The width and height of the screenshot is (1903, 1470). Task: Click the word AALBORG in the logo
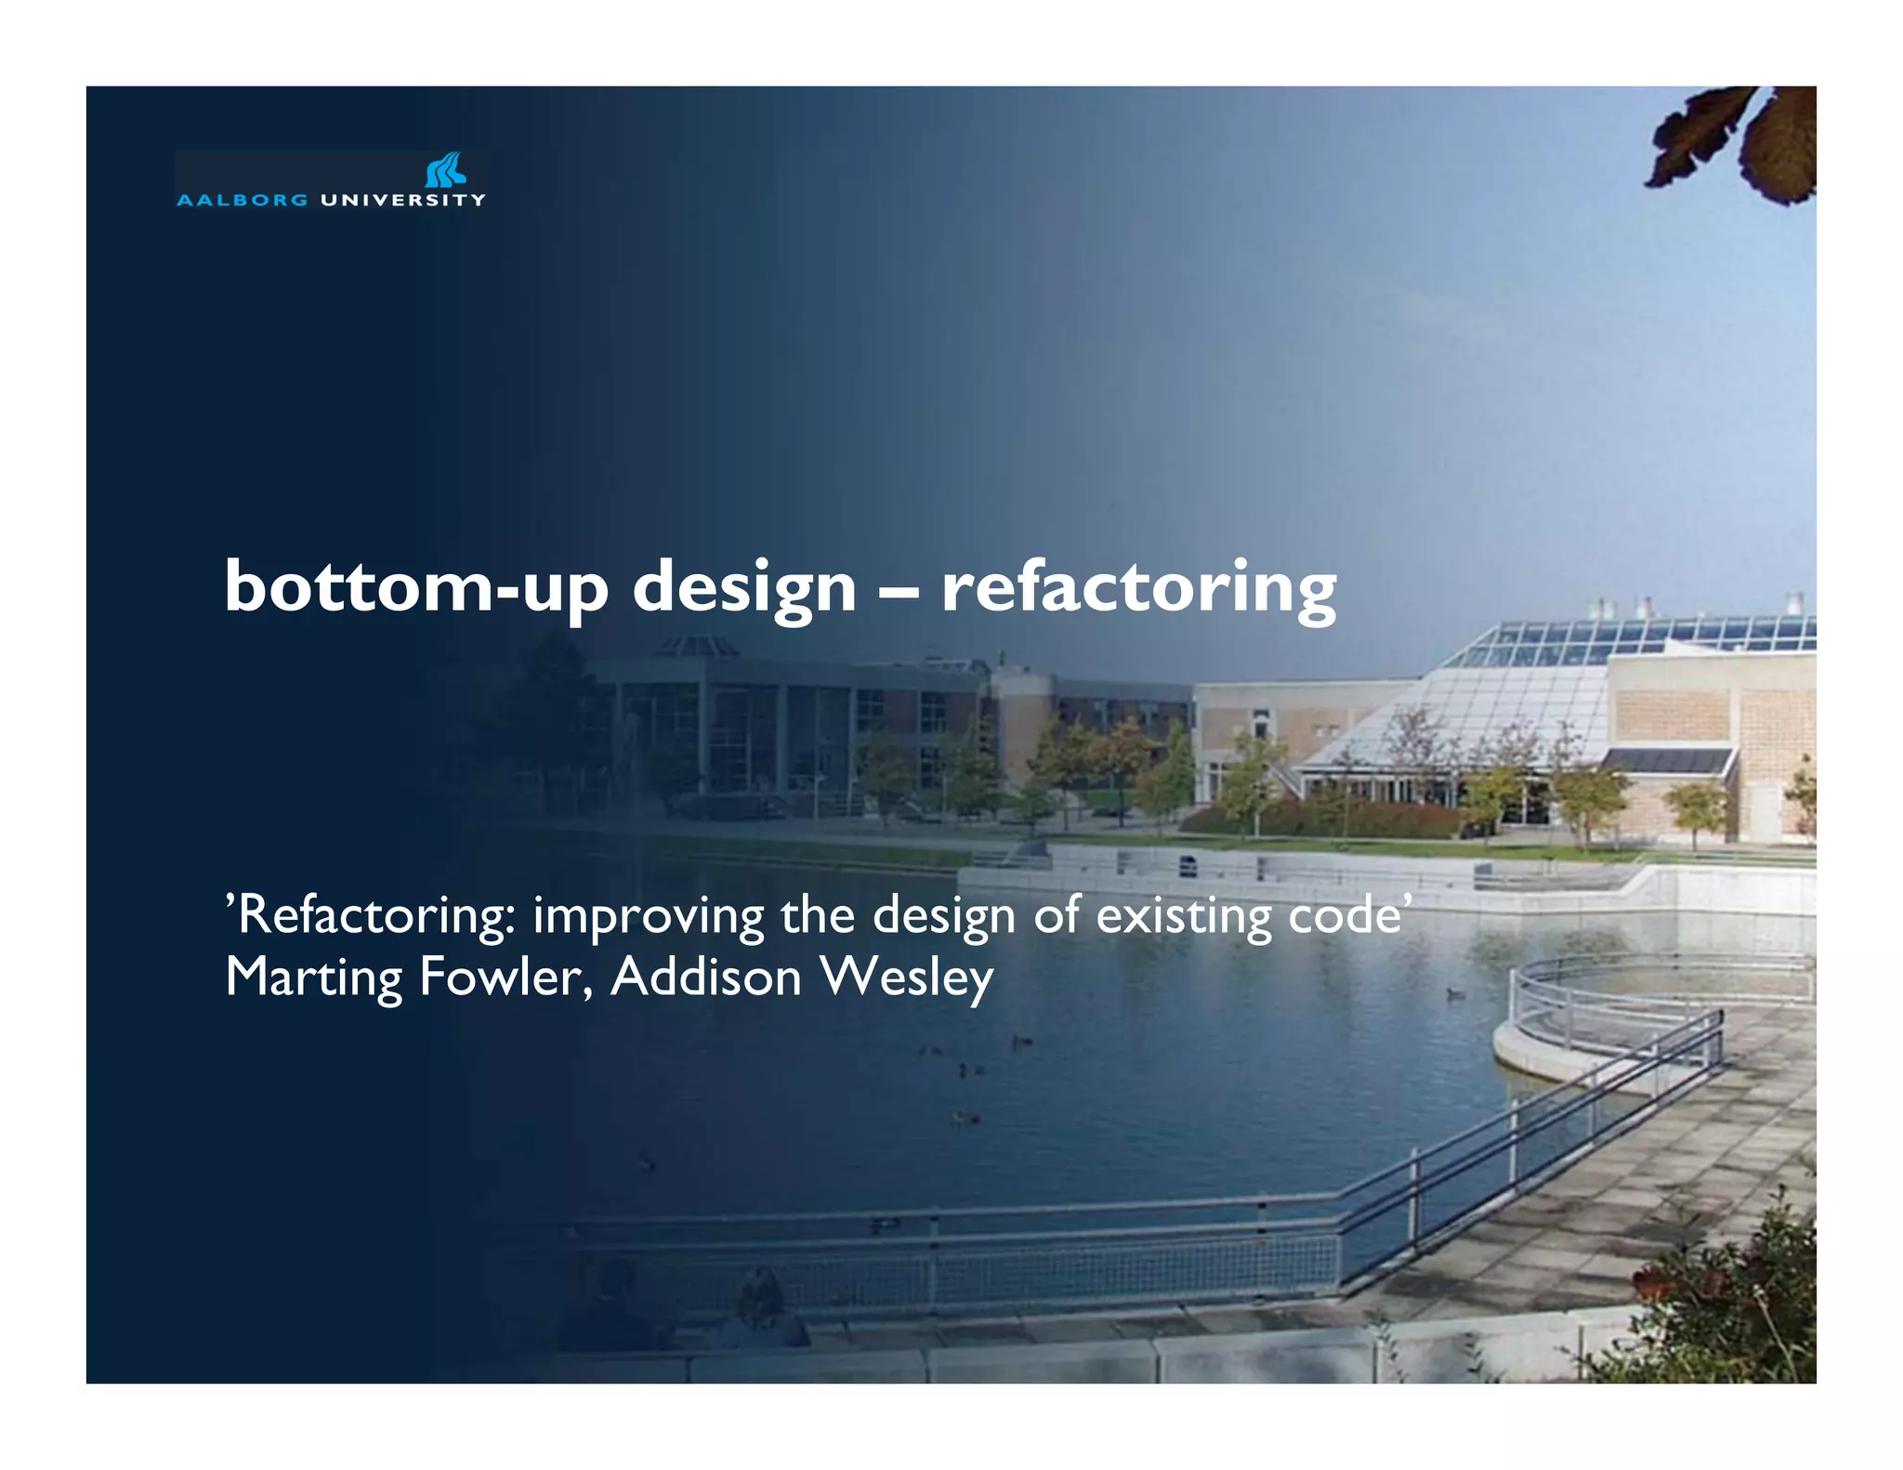[242, 200]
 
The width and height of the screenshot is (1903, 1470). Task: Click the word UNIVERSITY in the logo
[402, 200]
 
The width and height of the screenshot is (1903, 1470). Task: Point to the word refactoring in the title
[1138, 588]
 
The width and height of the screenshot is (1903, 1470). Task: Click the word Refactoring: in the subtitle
[371, 916]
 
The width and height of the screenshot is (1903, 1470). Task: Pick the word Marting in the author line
[314, 978]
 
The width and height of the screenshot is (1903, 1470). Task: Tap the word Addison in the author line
[706, 977]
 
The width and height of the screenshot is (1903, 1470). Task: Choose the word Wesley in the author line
[907, 978]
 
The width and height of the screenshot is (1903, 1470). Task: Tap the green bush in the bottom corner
[1728, 1310]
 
